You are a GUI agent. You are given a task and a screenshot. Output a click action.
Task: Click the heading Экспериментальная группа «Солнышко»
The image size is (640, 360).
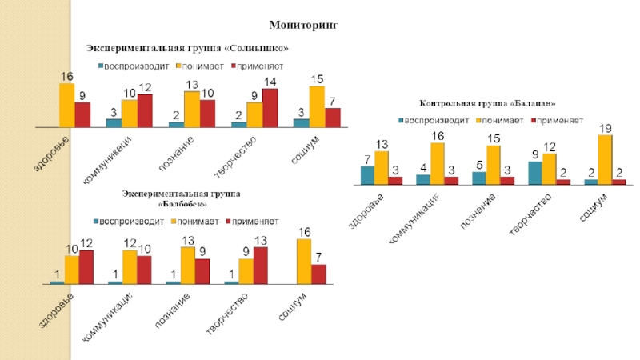click(187, 50)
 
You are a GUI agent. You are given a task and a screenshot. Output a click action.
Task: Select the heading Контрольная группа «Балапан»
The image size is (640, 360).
click(487, 104)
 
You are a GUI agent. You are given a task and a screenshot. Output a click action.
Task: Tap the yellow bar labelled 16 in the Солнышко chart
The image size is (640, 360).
click(67, 105)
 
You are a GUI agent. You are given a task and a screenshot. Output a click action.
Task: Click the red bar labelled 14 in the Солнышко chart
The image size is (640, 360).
click(270, 107)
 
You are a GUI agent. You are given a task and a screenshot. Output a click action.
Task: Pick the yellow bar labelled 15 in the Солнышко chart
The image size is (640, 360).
click(318, 106)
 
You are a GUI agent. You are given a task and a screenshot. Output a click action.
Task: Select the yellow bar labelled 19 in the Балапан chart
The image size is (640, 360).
click(606, 159)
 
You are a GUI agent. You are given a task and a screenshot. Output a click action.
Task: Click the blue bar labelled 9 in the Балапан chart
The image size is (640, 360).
click(535, 172)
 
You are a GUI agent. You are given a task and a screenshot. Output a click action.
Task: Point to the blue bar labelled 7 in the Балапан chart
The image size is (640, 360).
click(367, 174)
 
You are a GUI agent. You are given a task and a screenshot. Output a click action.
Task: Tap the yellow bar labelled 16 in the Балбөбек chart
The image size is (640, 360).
click(304, 261)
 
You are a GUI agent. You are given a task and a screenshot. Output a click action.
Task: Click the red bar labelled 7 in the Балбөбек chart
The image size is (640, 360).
click(318, 274)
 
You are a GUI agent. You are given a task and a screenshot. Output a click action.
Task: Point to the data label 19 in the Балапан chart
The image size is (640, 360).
click(606, 128)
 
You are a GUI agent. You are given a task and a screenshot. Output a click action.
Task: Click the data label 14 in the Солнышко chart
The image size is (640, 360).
click(270, 82)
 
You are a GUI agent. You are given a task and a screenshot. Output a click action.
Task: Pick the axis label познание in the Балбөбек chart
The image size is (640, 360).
click(172, 309)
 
